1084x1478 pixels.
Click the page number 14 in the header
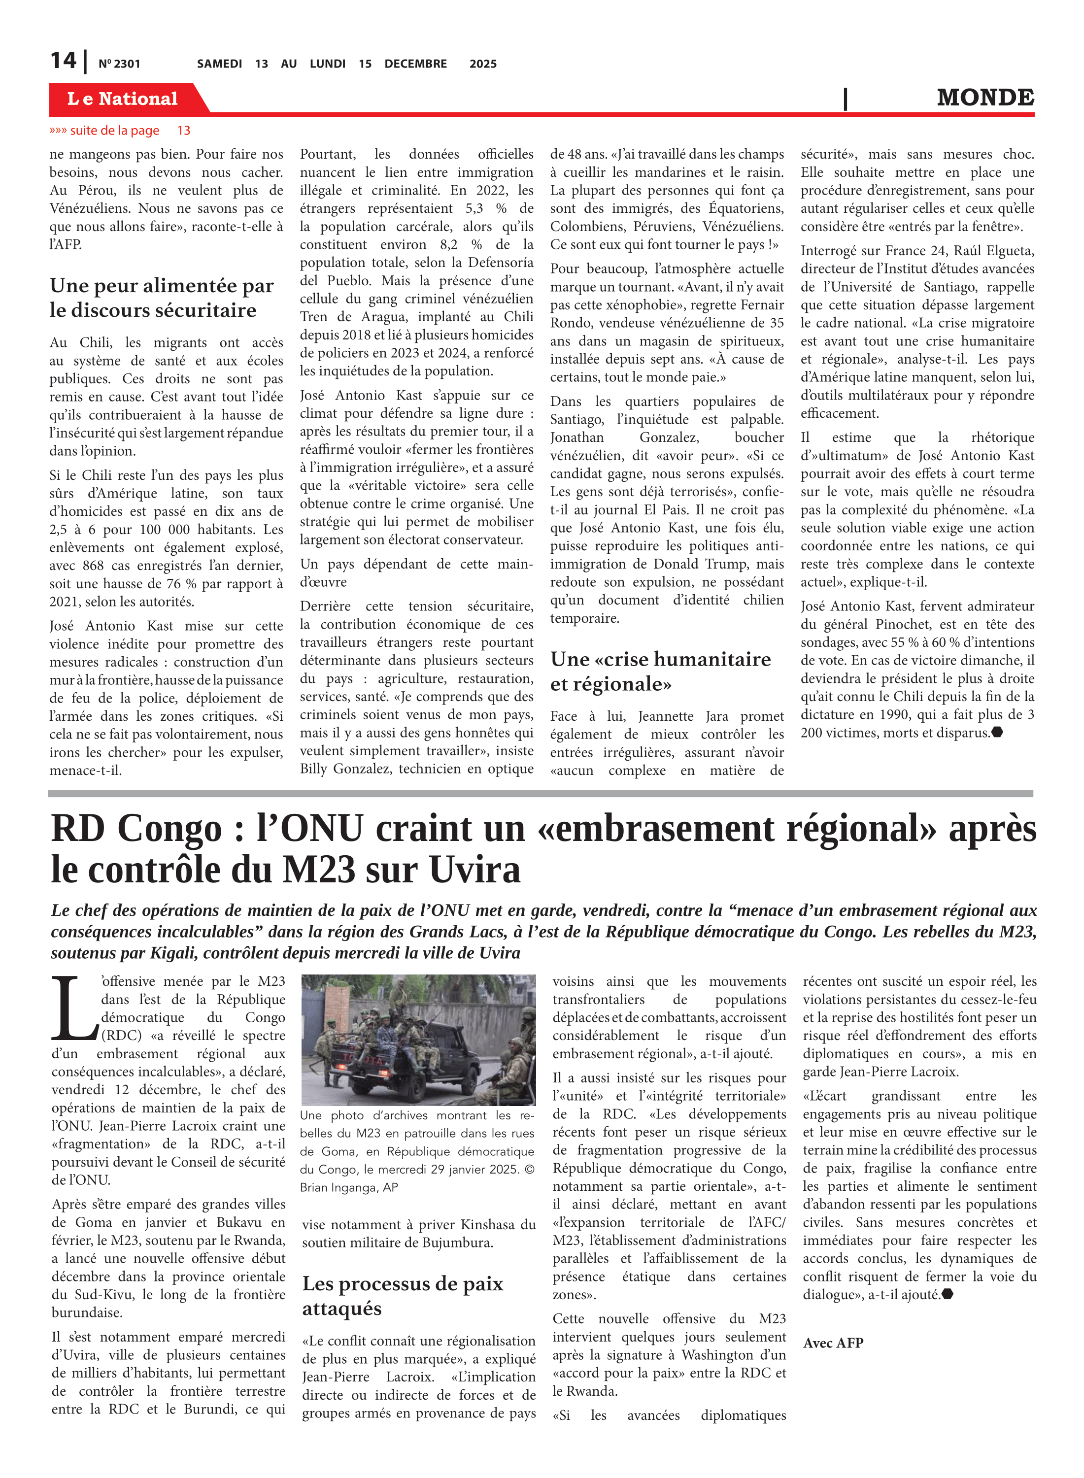64,61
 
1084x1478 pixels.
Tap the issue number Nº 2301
119,64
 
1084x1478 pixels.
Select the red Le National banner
123,99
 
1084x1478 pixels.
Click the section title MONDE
985,98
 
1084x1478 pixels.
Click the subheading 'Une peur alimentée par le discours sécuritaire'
162,298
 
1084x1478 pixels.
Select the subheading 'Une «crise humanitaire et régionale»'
660,671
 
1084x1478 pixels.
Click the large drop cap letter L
73,1008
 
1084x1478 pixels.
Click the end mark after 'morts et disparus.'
997,732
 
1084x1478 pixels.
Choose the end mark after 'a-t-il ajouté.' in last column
947,1294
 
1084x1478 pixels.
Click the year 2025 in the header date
483,64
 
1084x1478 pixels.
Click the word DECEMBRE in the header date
415,64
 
